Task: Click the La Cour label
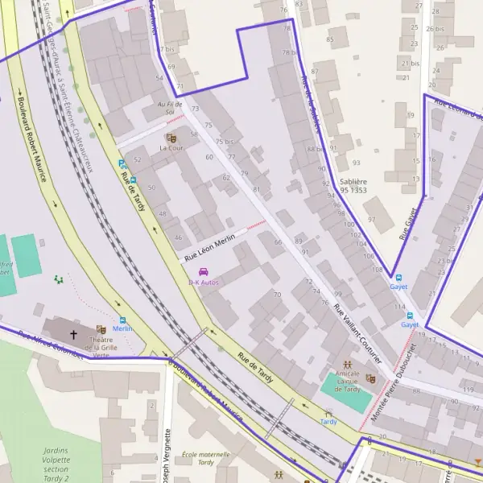[171, 148]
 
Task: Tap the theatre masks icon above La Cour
[171, 138]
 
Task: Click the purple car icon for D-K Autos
[203, 272]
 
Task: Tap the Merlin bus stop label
[122, 328]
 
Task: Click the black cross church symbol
[74, 333]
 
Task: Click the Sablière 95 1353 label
[353, 187]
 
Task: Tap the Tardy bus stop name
[328, 421]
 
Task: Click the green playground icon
[57, 279]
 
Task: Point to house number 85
[330, 39]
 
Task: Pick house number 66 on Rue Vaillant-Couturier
[279, 242]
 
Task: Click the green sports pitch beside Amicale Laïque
[346, 391]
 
